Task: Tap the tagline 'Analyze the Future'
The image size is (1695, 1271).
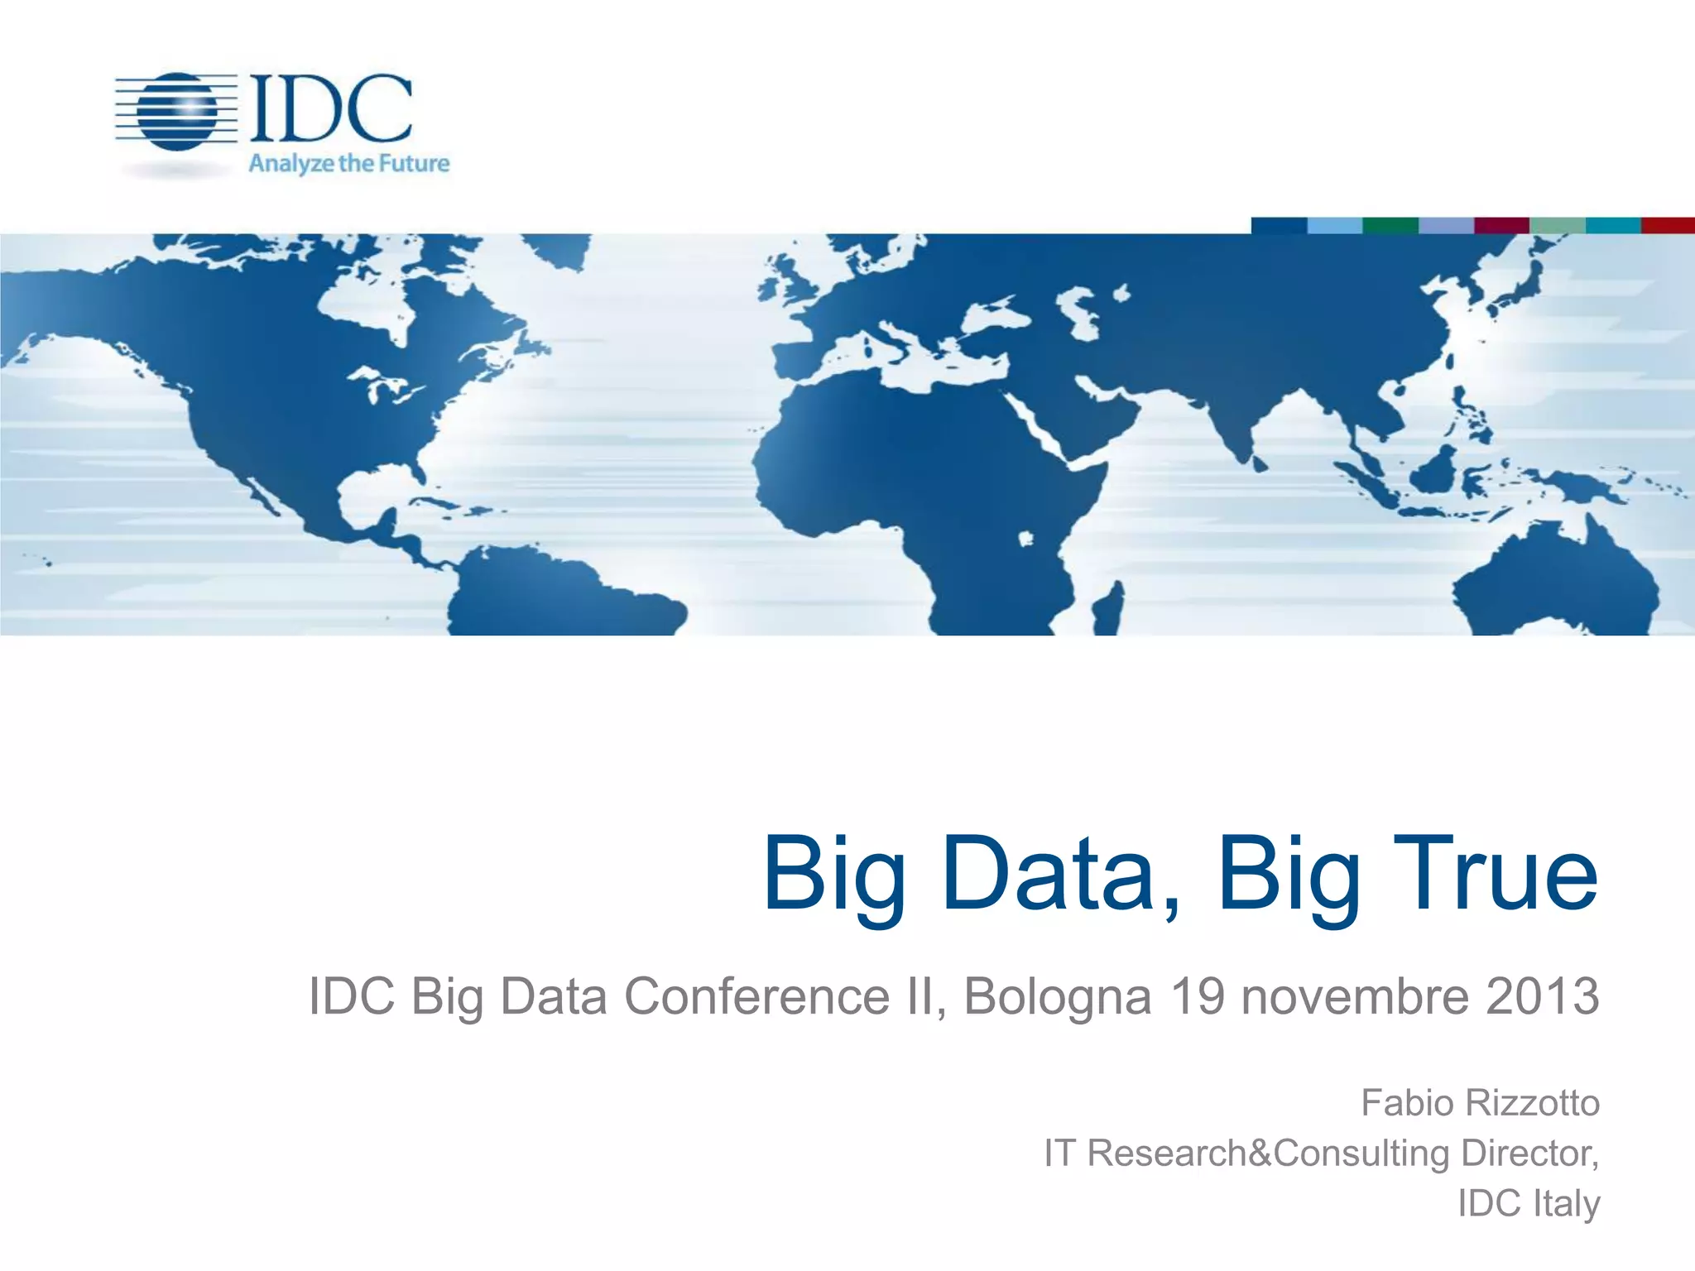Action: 348,163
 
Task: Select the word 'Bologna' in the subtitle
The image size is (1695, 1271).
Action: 1058,997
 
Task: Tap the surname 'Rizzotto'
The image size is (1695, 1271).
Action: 1532,1103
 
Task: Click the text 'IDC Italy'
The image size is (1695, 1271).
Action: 1529,1203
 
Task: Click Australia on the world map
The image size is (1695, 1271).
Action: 1556,583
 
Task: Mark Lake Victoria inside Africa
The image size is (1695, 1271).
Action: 1026,540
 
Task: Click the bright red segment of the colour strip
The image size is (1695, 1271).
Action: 1668,225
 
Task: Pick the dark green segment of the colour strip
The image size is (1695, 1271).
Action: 1390,225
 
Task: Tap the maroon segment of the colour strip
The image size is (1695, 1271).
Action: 1501,225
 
